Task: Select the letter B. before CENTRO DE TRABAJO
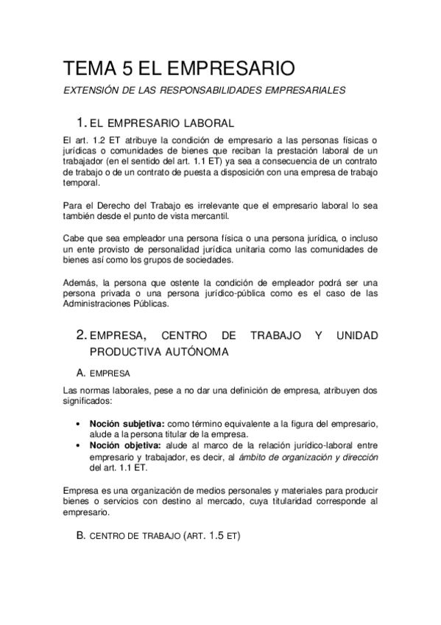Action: (81, 536)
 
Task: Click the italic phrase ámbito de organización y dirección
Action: (316, 456)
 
